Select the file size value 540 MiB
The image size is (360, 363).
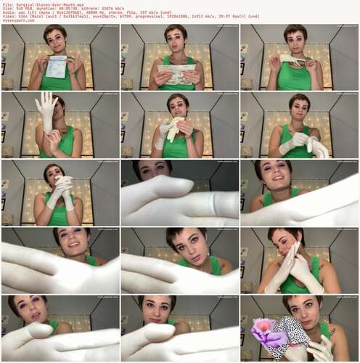22,8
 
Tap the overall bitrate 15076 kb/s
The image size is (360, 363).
106,8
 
